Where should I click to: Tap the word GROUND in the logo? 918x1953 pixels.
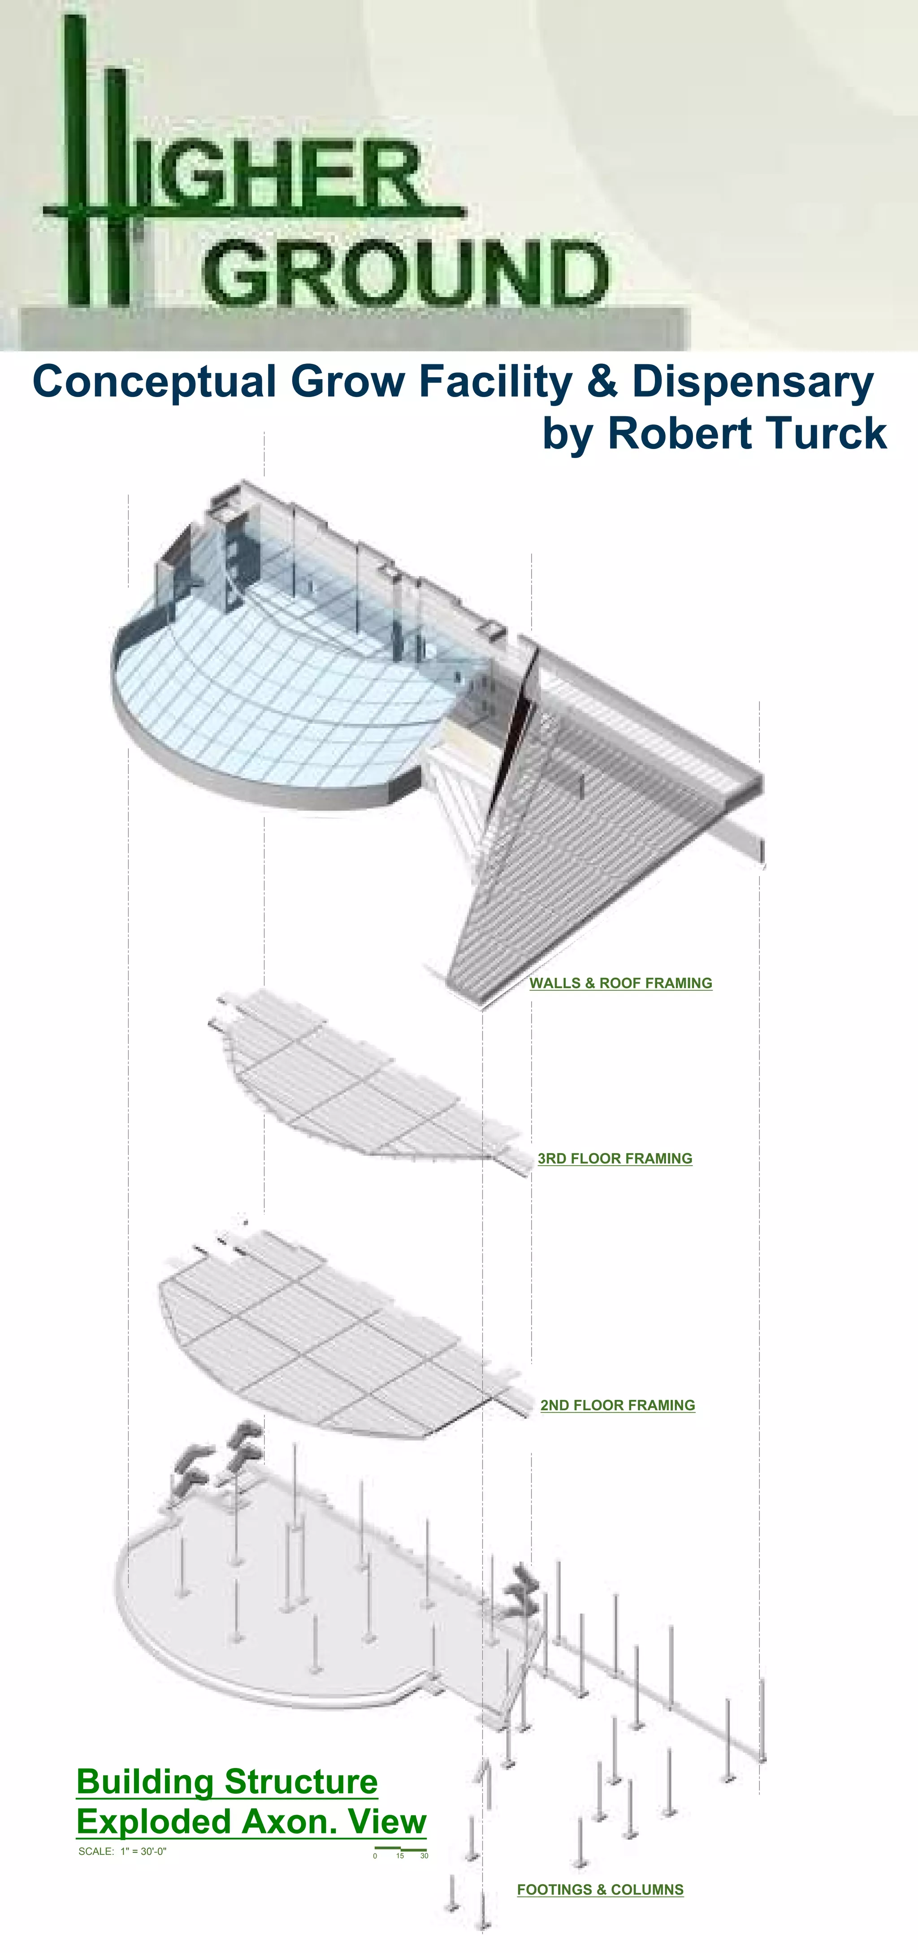pyautogui.click(x=406, y=272)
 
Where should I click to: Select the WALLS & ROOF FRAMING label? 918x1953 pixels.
pyautogui.click(x=621, y=983)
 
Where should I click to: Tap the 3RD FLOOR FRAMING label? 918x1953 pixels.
pyautogui.click(x=615, y=1158)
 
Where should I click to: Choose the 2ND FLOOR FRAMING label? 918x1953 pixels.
pyautogui.click(x=618, y=1405)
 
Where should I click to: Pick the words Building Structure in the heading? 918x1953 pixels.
pyautogui.click(x=227, y=1782)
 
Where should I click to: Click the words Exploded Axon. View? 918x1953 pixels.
pyautogui.click(x=251, y=1821)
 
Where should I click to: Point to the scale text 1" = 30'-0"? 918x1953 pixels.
pyautogui.click(x=143, y=1851)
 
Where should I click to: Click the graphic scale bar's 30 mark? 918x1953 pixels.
pyautogui.click(x=424, y=1856)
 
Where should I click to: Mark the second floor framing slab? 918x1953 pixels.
pyautogui.click(x=333, y=1342)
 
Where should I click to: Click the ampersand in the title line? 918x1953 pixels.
pyautogui.click(x=602, y=381)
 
